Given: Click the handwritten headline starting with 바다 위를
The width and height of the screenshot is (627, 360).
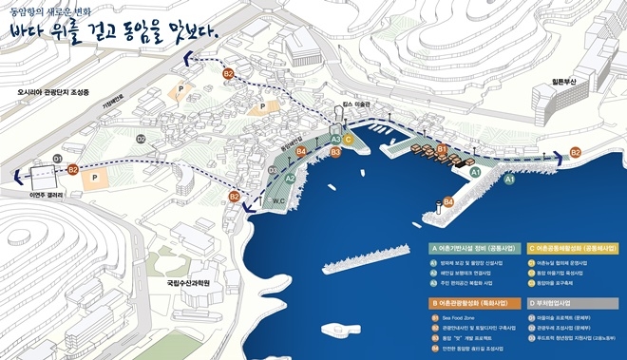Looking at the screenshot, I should tap(115, 31).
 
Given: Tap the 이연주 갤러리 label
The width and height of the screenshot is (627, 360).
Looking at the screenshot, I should tap(44, 194).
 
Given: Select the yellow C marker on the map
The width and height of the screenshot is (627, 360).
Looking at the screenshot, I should tap(349, 139).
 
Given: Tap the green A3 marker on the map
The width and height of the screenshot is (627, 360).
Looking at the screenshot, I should tap(335, 139).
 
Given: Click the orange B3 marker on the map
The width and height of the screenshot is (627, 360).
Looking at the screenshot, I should tap(334, 152).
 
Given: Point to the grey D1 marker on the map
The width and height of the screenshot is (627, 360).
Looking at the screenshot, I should tap(57, 158).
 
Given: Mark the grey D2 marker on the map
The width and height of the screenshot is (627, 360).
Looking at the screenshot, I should tap(141, 139).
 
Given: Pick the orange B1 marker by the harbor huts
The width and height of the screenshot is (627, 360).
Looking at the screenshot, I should tap(442, 148).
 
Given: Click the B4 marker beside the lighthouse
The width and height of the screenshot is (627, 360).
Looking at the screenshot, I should tap(449, 201).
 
